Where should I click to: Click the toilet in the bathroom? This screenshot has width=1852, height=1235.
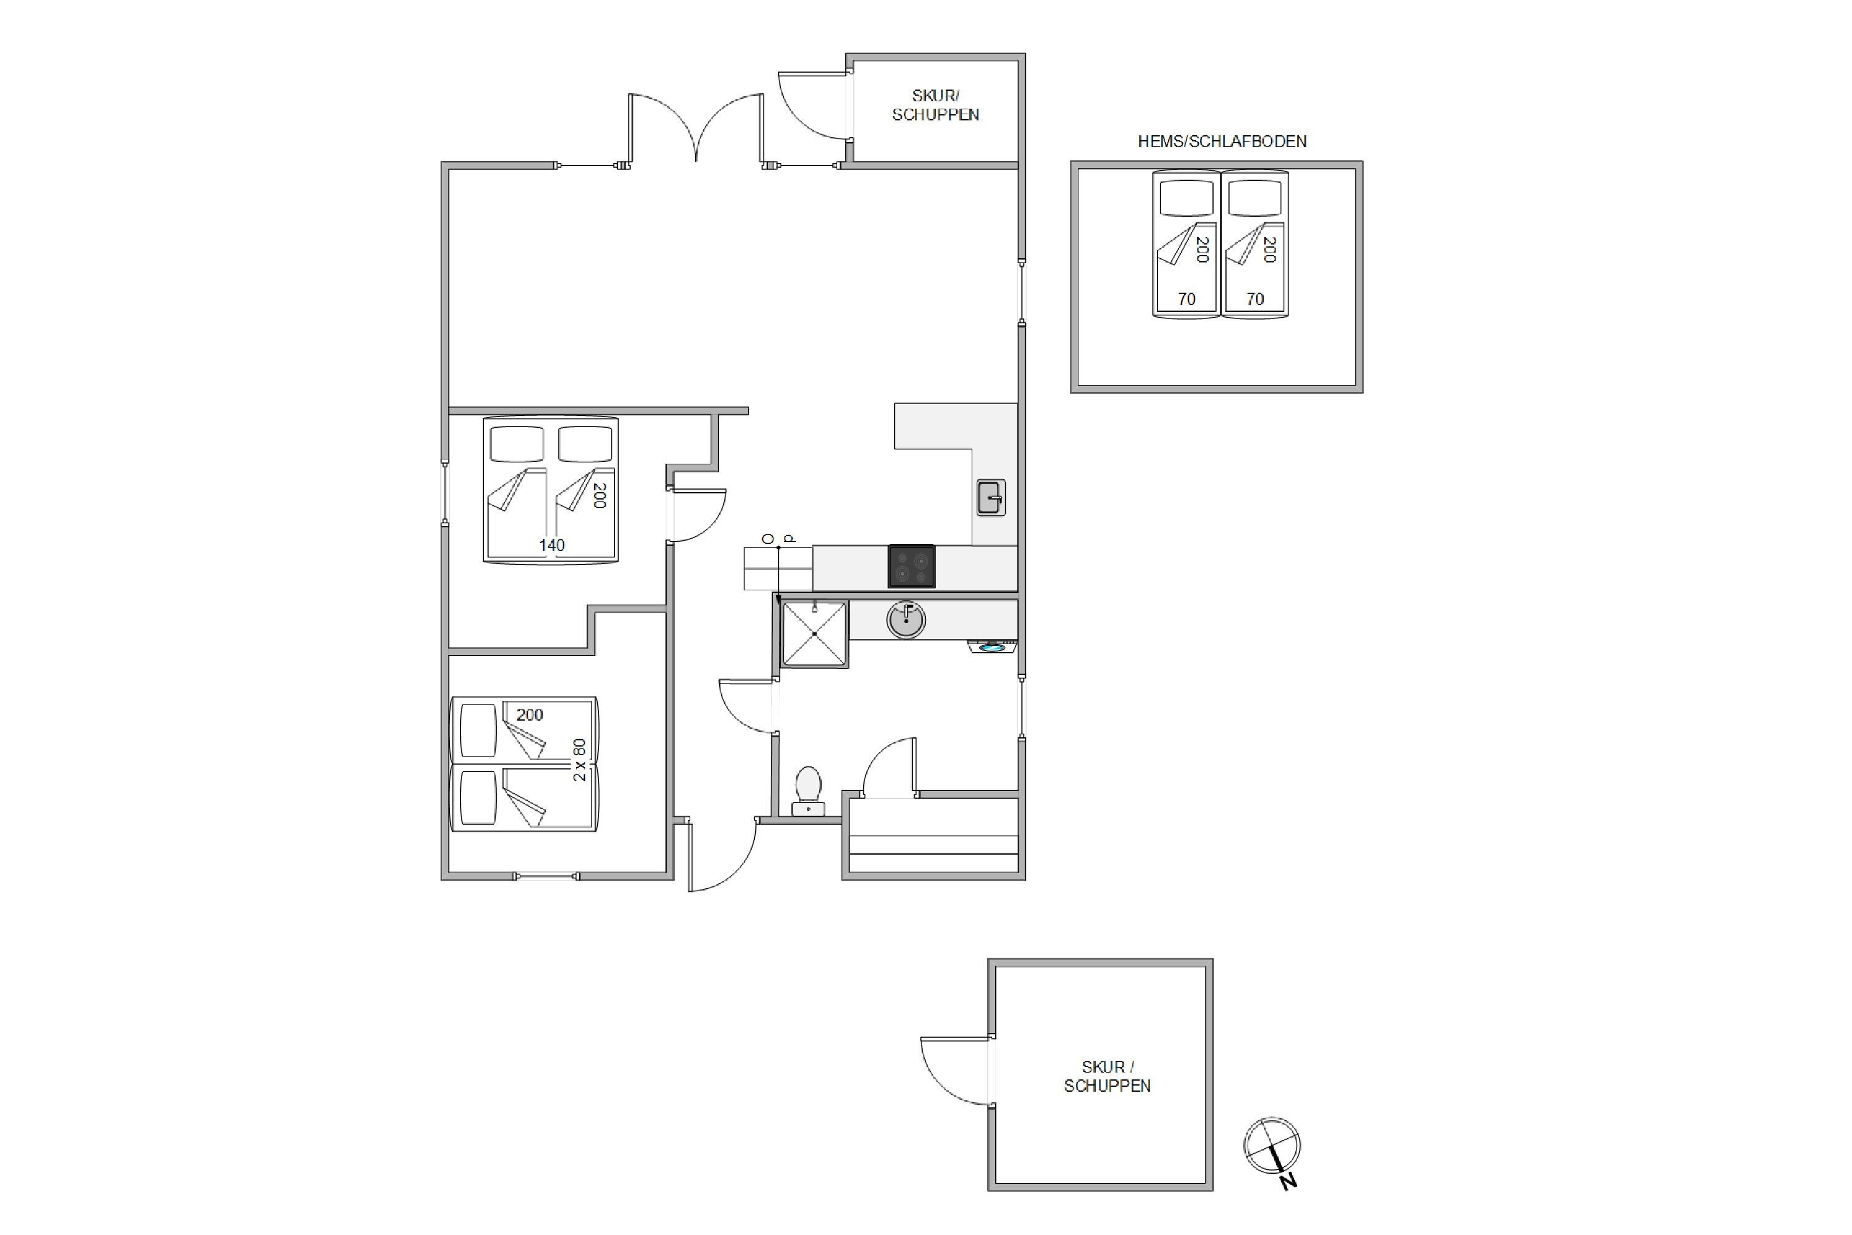(x=808, y=791)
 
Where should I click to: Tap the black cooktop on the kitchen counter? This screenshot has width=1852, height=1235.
(x=911, y=566)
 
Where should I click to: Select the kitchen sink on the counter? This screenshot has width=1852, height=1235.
(x=991, y=498)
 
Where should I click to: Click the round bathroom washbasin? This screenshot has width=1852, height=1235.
(x=906, y=619)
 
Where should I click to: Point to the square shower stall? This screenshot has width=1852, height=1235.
(x=814, y=634)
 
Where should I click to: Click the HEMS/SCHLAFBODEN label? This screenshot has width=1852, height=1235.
(x=1222, y=142)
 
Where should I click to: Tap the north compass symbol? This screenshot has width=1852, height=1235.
(x=1272, y=1149)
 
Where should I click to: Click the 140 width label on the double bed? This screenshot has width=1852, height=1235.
(x=552, y=545)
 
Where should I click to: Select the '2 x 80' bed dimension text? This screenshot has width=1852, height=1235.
(x=580, y=760)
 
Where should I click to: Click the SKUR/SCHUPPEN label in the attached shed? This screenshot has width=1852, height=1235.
(x=935, y=105)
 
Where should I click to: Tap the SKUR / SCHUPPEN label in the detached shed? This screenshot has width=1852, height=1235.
(x=1107, y=1076)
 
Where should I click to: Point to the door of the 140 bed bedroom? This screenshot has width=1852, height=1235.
(x=697, y=515)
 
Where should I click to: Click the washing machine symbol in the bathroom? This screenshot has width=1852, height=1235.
(x=992, y=647)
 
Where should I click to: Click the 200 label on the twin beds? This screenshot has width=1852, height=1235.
(x=530, y=714)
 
